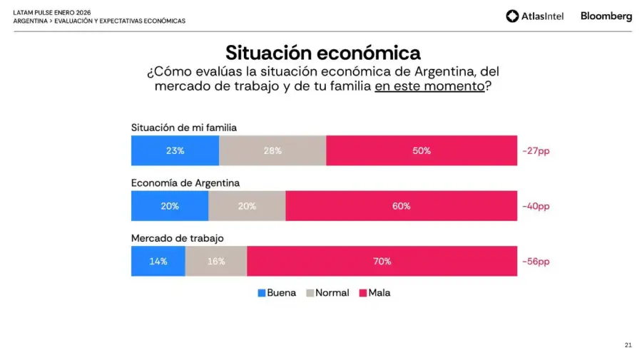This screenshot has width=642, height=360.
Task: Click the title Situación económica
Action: (322, 53)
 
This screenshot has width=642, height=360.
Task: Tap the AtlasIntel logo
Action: (534, 16)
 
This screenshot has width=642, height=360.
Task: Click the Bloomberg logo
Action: (606, 16)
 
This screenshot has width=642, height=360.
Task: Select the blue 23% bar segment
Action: (175, 150)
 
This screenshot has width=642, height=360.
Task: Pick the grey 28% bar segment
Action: (272, 150)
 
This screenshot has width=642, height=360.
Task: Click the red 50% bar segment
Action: (422, 150)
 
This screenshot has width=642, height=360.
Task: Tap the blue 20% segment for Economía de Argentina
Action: (170, 206)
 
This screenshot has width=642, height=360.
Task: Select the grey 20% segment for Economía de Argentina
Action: (247, 206)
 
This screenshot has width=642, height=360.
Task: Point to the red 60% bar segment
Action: (401, 206)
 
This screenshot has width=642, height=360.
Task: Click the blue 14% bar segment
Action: (158, 261)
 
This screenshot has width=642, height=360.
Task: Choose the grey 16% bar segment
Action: (216, 261)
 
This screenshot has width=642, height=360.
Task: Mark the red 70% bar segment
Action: (382, 261)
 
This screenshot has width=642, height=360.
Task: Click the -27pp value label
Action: (536, 151)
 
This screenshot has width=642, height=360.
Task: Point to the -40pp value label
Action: (536, 206)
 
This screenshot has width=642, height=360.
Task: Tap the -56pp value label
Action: (536, 262)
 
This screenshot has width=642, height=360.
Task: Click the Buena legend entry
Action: (277, 293)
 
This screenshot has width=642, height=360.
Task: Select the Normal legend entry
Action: (327, 293)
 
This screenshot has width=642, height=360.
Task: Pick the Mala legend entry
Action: (374, 293)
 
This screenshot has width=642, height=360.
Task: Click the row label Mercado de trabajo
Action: (178, 238)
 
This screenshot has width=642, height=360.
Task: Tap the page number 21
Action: (628, 345)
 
